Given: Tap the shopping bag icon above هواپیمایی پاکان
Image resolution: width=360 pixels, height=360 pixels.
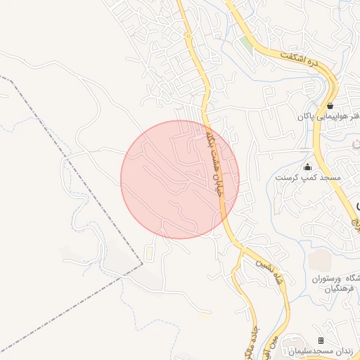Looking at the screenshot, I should coord(330,105).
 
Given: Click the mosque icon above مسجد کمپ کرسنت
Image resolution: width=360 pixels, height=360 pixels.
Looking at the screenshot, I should coord(307,167).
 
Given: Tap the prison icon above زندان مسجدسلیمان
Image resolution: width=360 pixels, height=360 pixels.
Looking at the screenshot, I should coord(321,340).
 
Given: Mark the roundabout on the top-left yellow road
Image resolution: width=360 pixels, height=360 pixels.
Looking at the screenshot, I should coord(188,36).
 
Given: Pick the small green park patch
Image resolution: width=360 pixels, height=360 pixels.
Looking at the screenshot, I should coord(245,44).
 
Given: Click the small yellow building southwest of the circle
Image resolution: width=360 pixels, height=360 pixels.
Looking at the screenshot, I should coord(149,251).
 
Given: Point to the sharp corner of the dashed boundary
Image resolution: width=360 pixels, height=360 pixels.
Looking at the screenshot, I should coord(142,264).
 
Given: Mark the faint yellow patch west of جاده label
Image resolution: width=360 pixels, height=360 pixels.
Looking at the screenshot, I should coord(205,316).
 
